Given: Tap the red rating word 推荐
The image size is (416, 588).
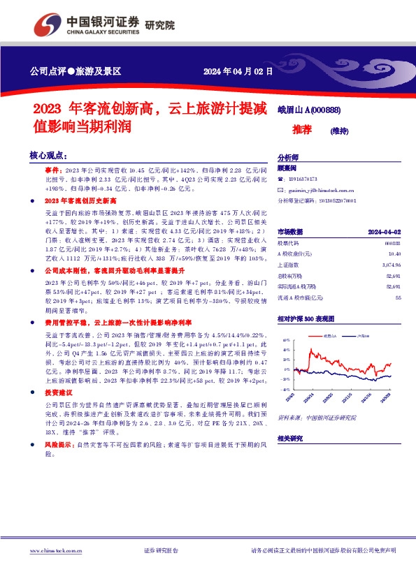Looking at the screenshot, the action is click(302, 131).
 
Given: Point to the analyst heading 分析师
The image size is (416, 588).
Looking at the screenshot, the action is click(288, 158).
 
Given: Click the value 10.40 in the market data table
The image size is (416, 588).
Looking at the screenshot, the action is click(393, 253).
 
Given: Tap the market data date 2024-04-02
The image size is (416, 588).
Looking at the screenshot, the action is click(385, 231).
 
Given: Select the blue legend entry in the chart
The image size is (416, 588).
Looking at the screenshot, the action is click(361, 336).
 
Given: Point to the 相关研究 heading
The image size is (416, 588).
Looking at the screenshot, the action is click(290, 438).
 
